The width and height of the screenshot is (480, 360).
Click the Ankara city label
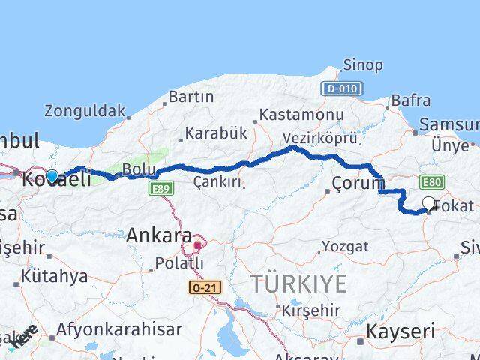158,235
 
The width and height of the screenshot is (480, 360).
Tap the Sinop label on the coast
363,64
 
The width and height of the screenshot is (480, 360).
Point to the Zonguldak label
85,111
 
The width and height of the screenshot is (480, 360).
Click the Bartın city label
190,97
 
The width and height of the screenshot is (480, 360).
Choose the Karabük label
216,133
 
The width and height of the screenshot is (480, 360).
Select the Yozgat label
346,246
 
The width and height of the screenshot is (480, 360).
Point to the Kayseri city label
401,331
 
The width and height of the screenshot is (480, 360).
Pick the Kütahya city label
54,276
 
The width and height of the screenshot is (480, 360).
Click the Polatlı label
179,263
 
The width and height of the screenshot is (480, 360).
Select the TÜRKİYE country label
298,284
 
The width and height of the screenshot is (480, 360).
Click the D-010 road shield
343,88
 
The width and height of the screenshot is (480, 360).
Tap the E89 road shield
159,190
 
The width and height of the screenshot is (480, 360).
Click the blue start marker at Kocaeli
52,176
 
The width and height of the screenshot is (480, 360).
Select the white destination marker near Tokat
429,203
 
